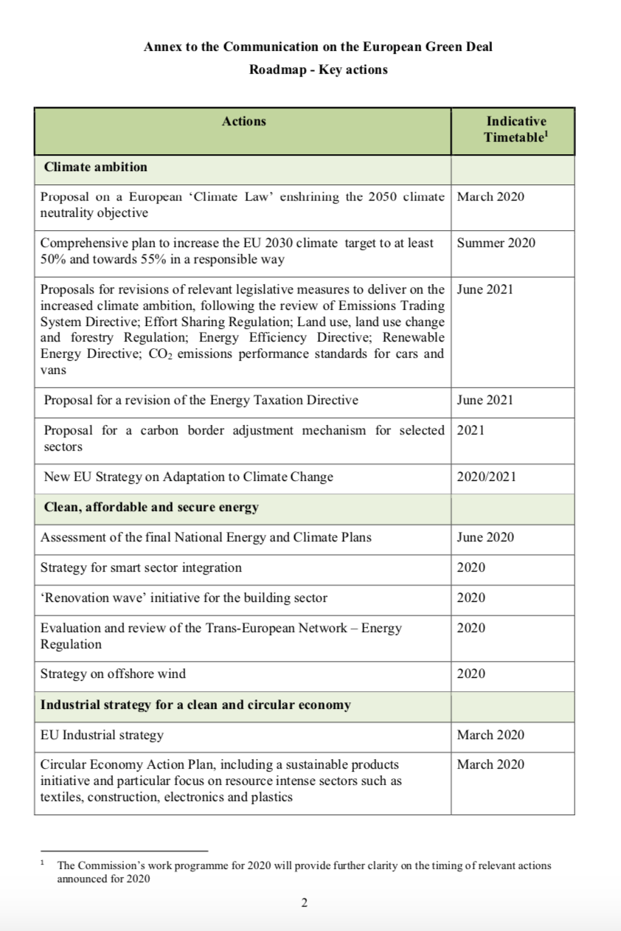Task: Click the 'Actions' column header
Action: [243, 122]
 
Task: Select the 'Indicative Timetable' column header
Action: [516, 130]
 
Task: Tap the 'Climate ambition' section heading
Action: [95, 167]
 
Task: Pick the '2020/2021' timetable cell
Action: [486, 477]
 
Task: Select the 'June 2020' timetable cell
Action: [485, 538]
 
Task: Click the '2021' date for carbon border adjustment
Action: [471, 431]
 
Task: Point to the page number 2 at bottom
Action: [304, 903]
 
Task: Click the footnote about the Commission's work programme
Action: [303, 872]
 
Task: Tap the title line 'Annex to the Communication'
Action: [318, 47]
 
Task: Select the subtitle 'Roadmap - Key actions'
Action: [318, 70]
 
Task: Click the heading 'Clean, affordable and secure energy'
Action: [151, 508]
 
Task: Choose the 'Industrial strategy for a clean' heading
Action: [195, 705]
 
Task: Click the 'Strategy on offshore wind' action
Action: [113, 674]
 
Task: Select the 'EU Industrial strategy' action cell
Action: [102, 736]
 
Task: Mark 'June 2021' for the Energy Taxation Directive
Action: [485, 401]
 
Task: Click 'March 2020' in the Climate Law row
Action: [490, 197]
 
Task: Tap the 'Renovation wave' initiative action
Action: [184, 598]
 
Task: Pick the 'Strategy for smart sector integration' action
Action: [141, 568]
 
